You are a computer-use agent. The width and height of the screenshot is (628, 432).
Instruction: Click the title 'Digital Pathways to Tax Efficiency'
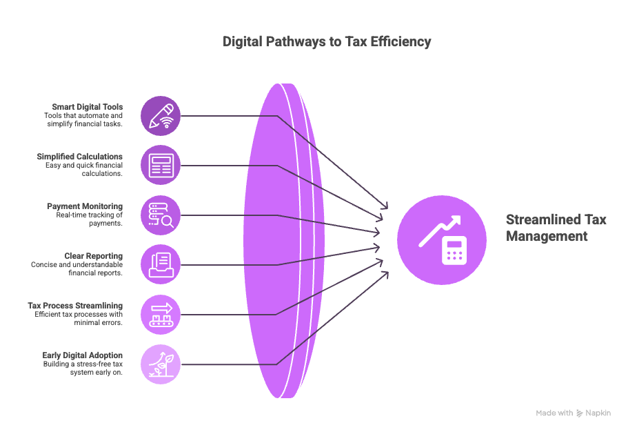[327, 41]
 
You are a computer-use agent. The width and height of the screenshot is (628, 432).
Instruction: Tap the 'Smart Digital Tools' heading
[88, 107]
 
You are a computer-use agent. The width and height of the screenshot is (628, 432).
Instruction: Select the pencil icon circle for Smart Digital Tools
[161, 116]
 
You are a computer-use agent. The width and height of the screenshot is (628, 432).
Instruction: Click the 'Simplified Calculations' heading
[80, 157]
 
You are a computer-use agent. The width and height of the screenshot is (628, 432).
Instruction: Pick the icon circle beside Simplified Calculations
[161, 165]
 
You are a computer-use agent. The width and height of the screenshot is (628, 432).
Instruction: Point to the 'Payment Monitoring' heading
[85, 206]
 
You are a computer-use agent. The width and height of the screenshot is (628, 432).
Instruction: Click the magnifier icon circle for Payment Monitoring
[161, 215]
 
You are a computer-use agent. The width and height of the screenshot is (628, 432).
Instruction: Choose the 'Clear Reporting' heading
[94, 256]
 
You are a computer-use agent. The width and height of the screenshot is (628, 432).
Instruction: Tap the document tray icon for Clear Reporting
[161, 265]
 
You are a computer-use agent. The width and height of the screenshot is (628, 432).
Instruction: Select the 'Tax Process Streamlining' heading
[75, 306]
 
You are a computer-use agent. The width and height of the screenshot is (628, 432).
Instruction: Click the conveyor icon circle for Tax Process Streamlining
[161, 315]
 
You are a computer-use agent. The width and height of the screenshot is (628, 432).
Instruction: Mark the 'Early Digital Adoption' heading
[83, 355]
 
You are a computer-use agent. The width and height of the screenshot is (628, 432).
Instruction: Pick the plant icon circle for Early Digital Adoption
[161, 364]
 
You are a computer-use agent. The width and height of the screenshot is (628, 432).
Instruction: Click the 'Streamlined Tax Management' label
[556, 228]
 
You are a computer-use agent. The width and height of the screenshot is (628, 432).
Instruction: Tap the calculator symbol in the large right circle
[454, 251]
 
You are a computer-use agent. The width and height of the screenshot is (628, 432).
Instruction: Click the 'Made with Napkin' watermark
[573, 413]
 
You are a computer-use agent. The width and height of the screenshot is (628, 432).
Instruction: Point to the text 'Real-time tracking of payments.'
[90, 219]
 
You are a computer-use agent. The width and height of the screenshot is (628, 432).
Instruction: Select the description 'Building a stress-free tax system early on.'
[83, 369]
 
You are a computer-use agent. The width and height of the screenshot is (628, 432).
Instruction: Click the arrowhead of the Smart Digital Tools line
[385, 206]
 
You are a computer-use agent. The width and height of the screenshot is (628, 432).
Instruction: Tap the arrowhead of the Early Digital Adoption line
[385, 275]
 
